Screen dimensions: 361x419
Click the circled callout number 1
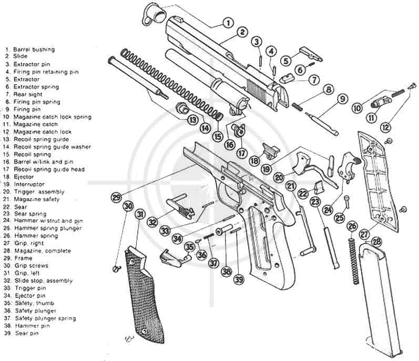coord(227,23)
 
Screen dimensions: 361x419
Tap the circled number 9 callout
coord(342,98)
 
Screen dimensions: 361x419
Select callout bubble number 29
coord(116,198)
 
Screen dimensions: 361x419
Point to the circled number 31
coord(139,214)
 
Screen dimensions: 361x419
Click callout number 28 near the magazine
coord(376,242)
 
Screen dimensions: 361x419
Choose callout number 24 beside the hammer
coord(328,209)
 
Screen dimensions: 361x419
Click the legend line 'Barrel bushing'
coord(37,49)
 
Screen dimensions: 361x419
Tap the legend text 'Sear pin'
coord(26,333)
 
